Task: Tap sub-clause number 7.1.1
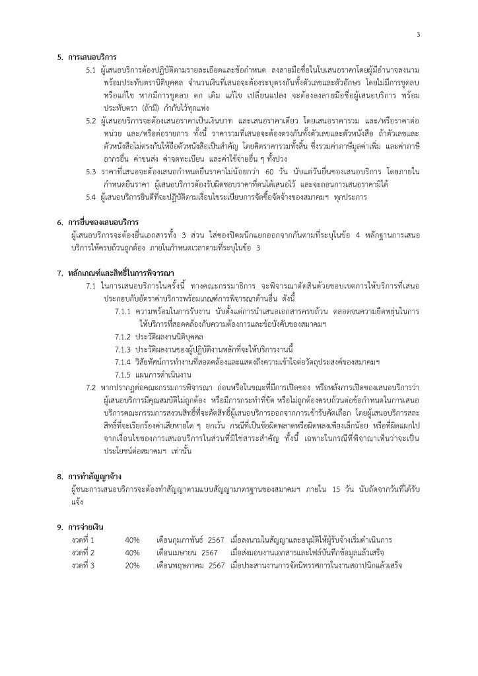(123, 310)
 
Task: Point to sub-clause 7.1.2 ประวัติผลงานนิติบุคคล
(158, 335)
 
